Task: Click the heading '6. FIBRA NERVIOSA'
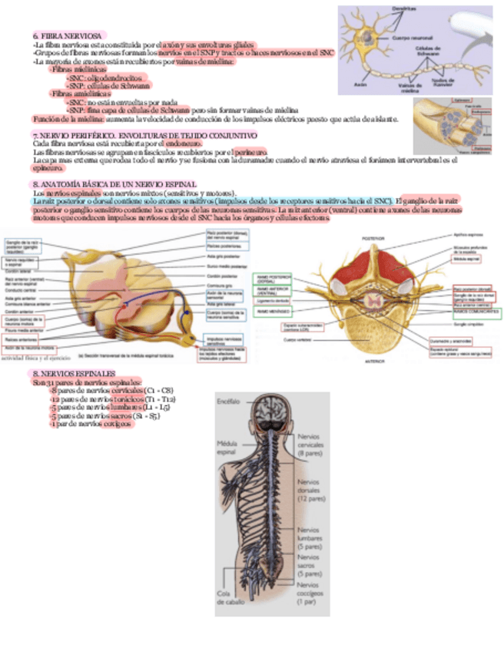point(68,37)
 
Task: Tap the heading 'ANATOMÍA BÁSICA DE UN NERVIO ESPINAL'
point(115,185)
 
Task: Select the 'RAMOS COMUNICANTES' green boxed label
point(476,312)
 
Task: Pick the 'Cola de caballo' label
point(227,599)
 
